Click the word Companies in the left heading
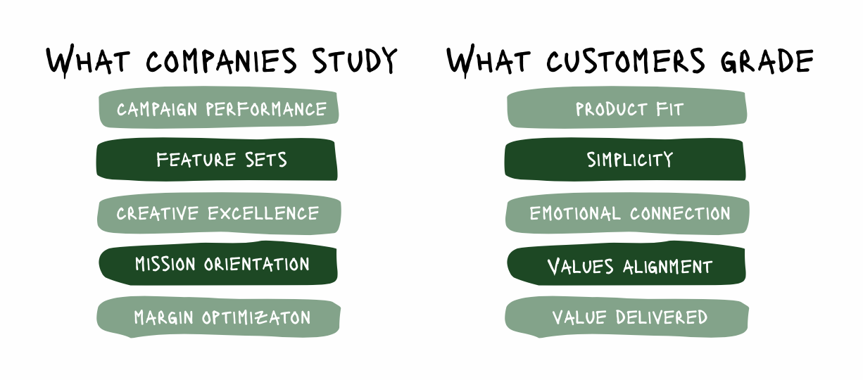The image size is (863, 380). pyautogui.click(x=222, y=61)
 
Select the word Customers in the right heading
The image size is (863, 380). pyautogui.click(x=624, y=61)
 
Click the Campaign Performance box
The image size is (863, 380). pyautogui.click(x=219, y=109)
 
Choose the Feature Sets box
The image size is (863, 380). pyautogui.click(x=217, y=160)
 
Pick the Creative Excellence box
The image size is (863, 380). pyautogui.click(x=219, y=213)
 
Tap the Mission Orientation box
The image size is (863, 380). pyautogui.click(x=218, y=265)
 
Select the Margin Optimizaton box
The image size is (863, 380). pyautogui.click(x=219, y=317)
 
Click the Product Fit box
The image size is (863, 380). pyautogui.click(x=626, y=109)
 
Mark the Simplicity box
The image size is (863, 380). pyautogui.click(x=625, y=160)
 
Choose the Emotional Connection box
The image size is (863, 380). pyautogui.click(x=627, y=213)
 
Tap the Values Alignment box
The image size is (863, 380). pyautogui.click(x=626, y=267)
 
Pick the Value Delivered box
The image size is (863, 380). pyautogui.click(x=626, y=317)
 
